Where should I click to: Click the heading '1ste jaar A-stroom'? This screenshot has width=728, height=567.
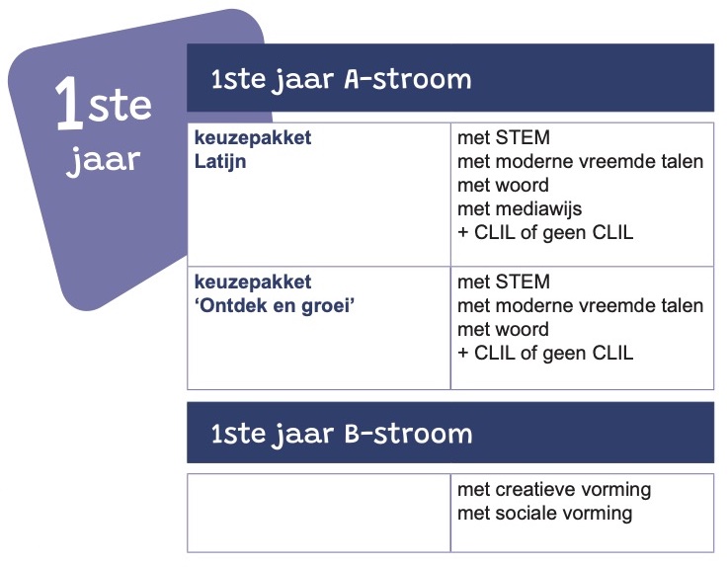point(341,80)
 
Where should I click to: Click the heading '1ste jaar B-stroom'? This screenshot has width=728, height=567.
point(341,435)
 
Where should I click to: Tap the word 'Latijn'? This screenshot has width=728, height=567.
point(220,163)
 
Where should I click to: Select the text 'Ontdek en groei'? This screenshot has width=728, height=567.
point(275,306)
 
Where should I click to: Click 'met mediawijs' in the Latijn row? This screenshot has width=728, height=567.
point(520,209)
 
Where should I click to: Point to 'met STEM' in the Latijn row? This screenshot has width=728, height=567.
point(504,137)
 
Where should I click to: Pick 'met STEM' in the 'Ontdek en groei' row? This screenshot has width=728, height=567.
point(504,282)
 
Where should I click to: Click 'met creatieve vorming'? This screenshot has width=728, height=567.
point(554,489)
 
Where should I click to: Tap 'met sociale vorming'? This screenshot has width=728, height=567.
point(545,514)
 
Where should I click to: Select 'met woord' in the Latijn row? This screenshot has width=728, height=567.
point(504,186)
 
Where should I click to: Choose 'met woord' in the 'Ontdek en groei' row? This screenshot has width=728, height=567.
point(504,330)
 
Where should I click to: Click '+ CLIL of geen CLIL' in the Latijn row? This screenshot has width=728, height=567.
point(545,233)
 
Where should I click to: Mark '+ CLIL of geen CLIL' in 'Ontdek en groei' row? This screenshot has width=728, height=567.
point(545,354)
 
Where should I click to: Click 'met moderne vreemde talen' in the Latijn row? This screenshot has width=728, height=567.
point(581,162)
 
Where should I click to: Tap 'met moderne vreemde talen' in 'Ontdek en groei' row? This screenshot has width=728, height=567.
point(581,306)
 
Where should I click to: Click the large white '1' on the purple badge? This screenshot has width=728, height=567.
point(69,102)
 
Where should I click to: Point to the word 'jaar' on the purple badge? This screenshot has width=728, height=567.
point(103,160)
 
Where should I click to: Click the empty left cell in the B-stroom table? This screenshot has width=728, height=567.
point(319,513)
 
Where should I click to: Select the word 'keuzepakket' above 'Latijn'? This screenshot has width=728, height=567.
point(253,138)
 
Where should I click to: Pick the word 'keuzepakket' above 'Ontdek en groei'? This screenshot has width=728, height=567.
point(253,283)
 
